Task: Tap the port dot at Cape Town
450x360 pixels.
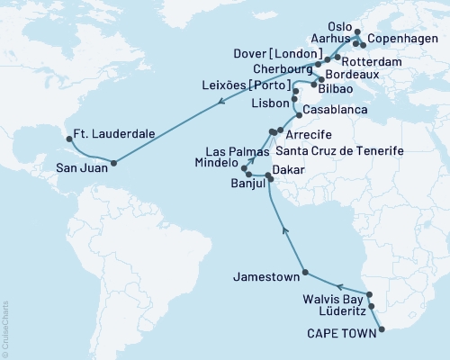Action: tap(381, 329)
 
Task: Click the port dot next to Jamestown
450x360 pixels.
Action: tap(306, 272)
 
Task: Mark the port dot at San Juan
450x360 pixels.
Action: tap(113, 163)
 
